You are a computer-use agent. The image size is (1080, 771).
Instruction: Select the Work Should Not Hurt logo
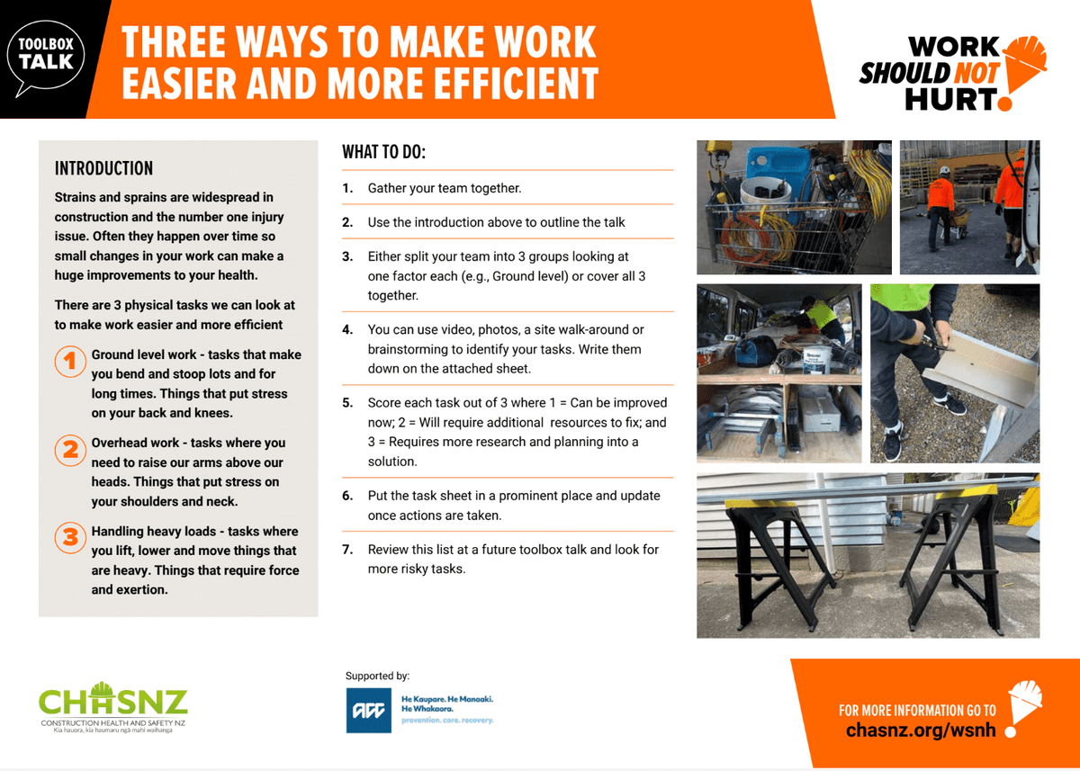953,73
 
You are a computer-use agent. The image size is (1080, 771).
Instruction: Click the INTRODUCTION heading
103,168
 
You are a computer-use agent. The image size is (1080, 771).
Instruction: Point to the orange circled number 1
70,362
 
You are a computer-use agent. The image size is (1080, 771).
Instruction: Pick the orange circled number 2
70,450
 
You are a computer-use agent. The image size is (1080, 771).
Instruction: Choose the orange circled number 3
70,538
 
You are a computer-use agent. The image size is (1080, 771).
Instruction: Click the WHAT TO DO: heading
383,152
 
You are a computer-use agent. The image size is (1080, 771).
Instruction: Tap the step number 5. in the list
347,403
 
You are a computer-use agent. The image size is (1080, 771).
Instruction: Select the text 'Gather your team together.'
445,188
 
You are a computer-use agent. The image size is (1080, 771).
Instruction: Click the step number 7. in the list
347,550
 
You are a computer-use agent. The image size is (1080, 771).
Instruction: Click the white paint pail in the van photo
817,362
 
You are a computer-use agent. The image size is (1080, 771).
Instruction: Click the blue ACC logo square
369,711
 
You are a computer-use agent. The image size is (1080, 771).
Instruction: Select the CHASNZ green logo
113,707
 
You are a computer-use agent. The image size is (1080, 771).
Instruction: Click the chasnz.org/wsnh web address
921,731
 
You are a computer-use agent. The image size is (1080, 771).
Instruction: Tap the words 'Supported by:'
377,676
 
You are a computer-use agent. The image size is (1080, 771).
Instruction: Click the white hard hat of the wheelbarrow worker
944,170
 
